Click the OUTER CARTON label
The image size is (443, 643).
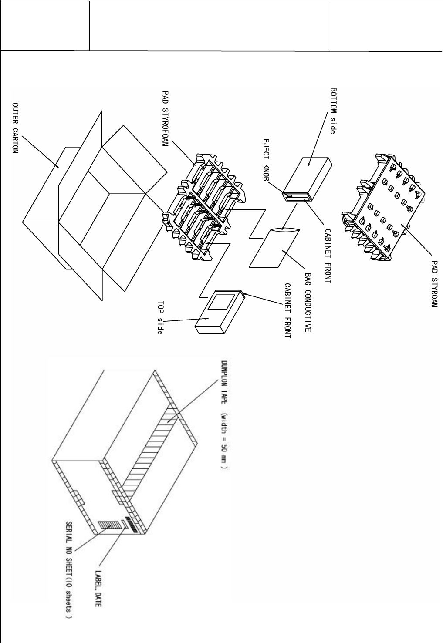15,130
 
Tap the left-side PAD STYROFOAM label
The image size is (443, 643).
165,119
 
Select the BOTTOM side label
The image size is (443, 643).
333,111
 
